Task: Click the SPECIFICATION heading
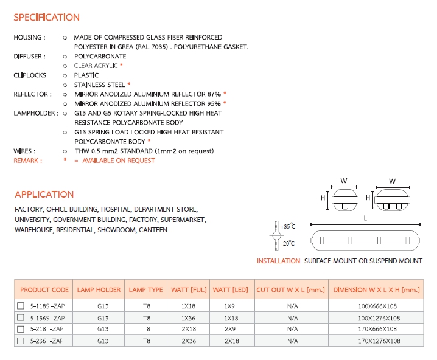coord(46,18)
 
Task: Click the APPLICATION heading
coord(44,195)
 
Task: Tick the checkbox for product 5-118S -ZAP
coord(20,306)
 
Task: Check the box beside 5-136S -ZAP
coord(20,318)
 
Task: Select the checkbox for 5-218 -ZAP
coord(20,329)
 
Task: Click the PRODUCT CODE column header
coord(44,290)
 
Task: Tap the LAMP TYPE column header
coord(146,290)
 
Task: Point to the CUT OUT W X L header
coord(291,290)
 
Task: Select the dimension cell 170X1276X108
coord(379,341)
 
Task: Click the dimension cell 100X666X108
coord(379,306)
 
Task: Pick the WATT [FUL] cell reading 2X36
coord(188,341)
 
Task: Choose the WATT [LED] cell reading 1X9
coord(229,306)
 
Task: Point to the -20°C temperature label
coord(287,243)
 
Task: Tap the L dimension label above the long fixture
coord(365,217)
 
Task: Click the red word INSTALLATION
coord(278,261)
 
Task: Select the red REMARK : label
coord(28,161)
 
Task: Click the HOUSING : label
coord(29,38)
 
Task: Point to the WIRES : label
coord(24,151)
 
